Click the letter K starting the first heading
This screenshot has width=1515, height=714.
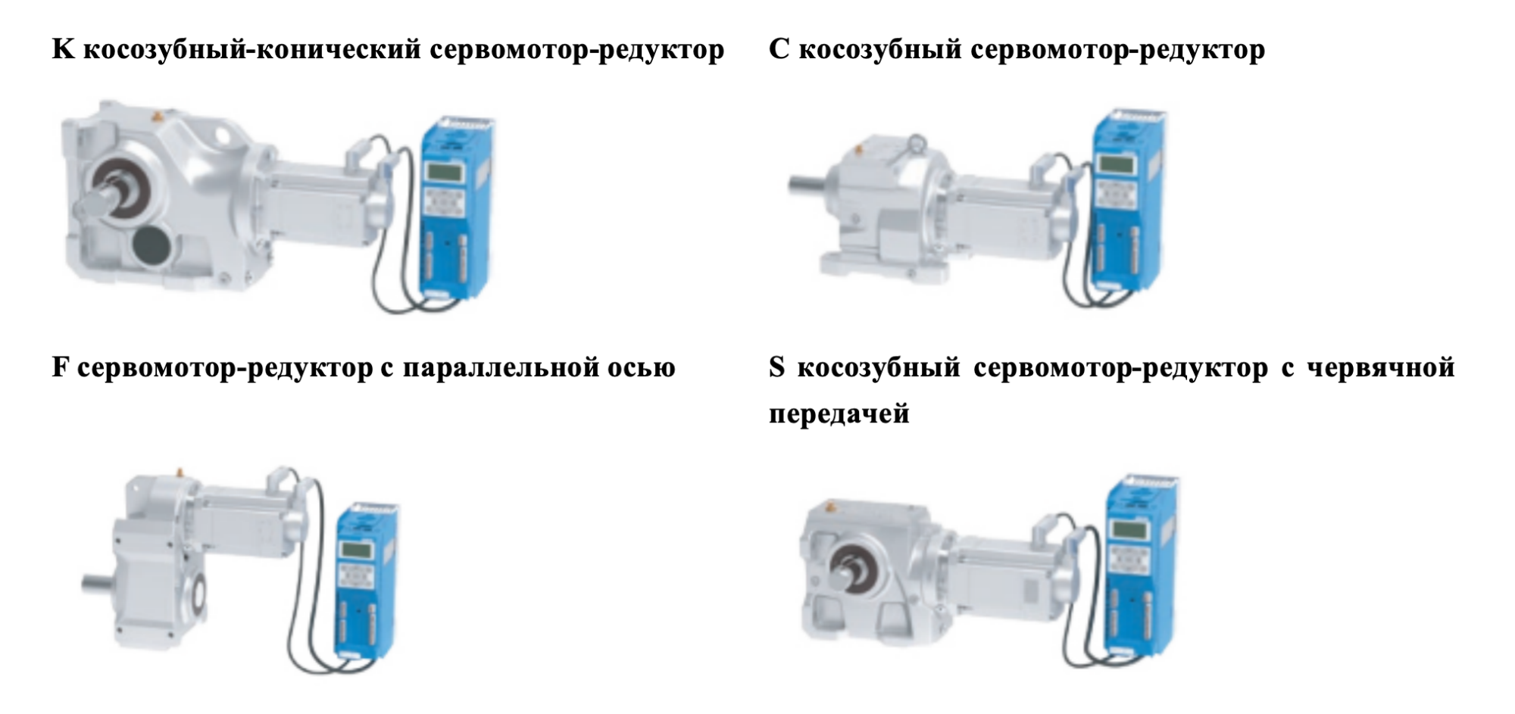63,50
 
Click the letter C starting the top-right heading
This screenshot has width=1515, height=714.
779,50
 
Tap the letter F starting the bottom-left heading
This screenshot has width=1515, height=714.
61,368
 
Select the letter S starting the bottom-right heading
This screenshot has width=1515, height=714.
777,368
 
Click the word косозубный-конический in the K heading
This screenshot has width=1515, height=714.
251,51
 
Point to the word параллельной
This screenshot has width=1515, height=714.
501,369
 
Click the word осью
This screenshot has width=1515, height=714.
642,369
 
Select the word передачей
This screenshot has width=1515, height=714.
839,414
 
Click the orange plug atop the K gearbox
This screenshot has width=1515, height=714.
158,117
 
